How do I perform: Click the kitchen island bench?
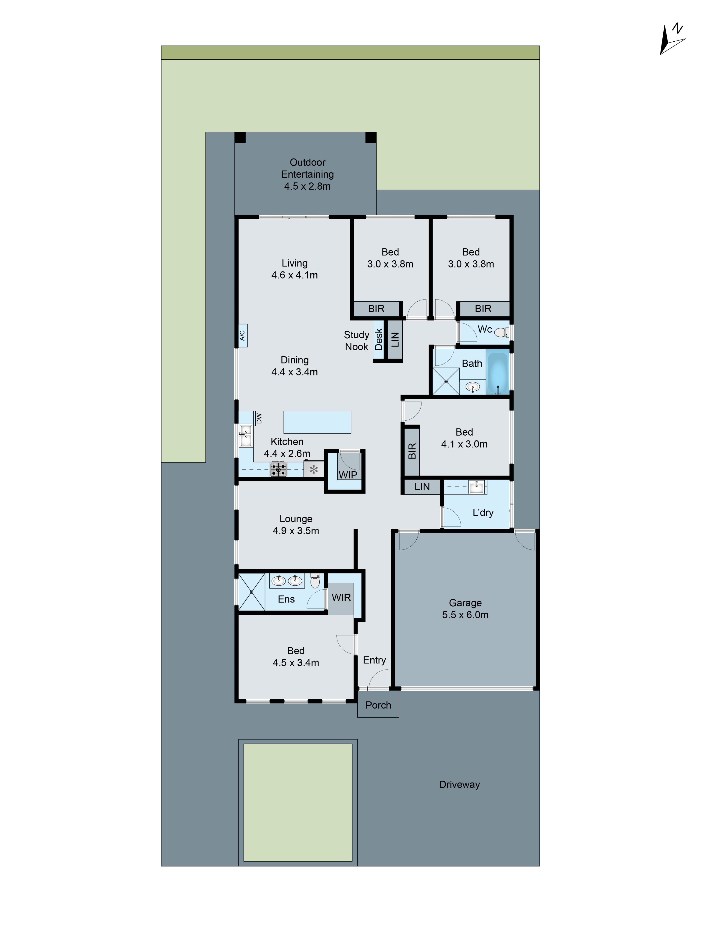coord(317,422)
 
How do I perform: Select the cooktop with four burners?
coord(279,469)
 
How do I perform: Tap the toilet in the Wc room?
coord(501,333)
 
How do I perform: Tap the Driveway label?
coord(459,784)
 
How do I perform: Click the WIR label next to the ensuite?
coord(341,598)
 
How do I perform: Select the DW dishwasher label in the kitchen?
coord(259,419)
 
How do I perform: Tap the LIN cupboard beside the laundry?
coord(422,487)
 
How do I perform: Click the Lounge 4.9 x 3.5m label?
coord(296,525)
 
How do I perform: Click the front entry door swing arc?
coord(378,679)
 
